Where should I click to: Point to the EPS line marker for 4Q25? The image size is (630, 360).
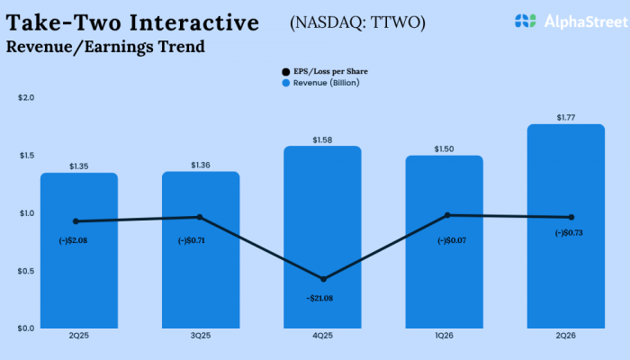(x=323, y=279)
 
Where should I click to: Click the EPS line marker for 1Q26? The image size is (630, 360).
(x=445, y=215)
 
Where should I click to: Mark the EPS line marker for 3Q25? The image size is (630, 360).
(x=200, y=217)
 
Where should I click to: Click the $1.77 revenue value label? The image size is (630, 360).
(x=566, y=116)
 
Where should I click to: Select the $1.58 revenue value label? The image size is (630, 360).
(x=323, y=139)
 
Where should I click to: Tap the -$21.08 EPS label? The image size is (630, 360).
(x=323, y=297)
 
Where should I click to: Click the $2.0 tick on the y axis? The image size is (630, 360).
(x=26, y=97)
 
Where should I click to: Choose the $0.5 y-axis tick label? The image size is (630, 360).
(x=26, y=271)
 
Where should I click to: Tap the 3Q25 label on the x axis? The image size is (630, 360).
(x=200, y=336)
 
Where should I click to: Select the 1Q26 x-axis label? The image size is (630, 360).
(x=445, y=336)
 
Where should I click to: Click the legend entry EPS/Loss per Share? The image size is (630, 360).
(x=325, y=70)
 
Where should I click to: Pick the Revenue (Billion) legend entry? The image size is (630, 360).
(x=320, y=82)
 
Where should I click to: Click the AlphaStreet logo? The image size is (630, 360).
(x=562, y=20)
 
